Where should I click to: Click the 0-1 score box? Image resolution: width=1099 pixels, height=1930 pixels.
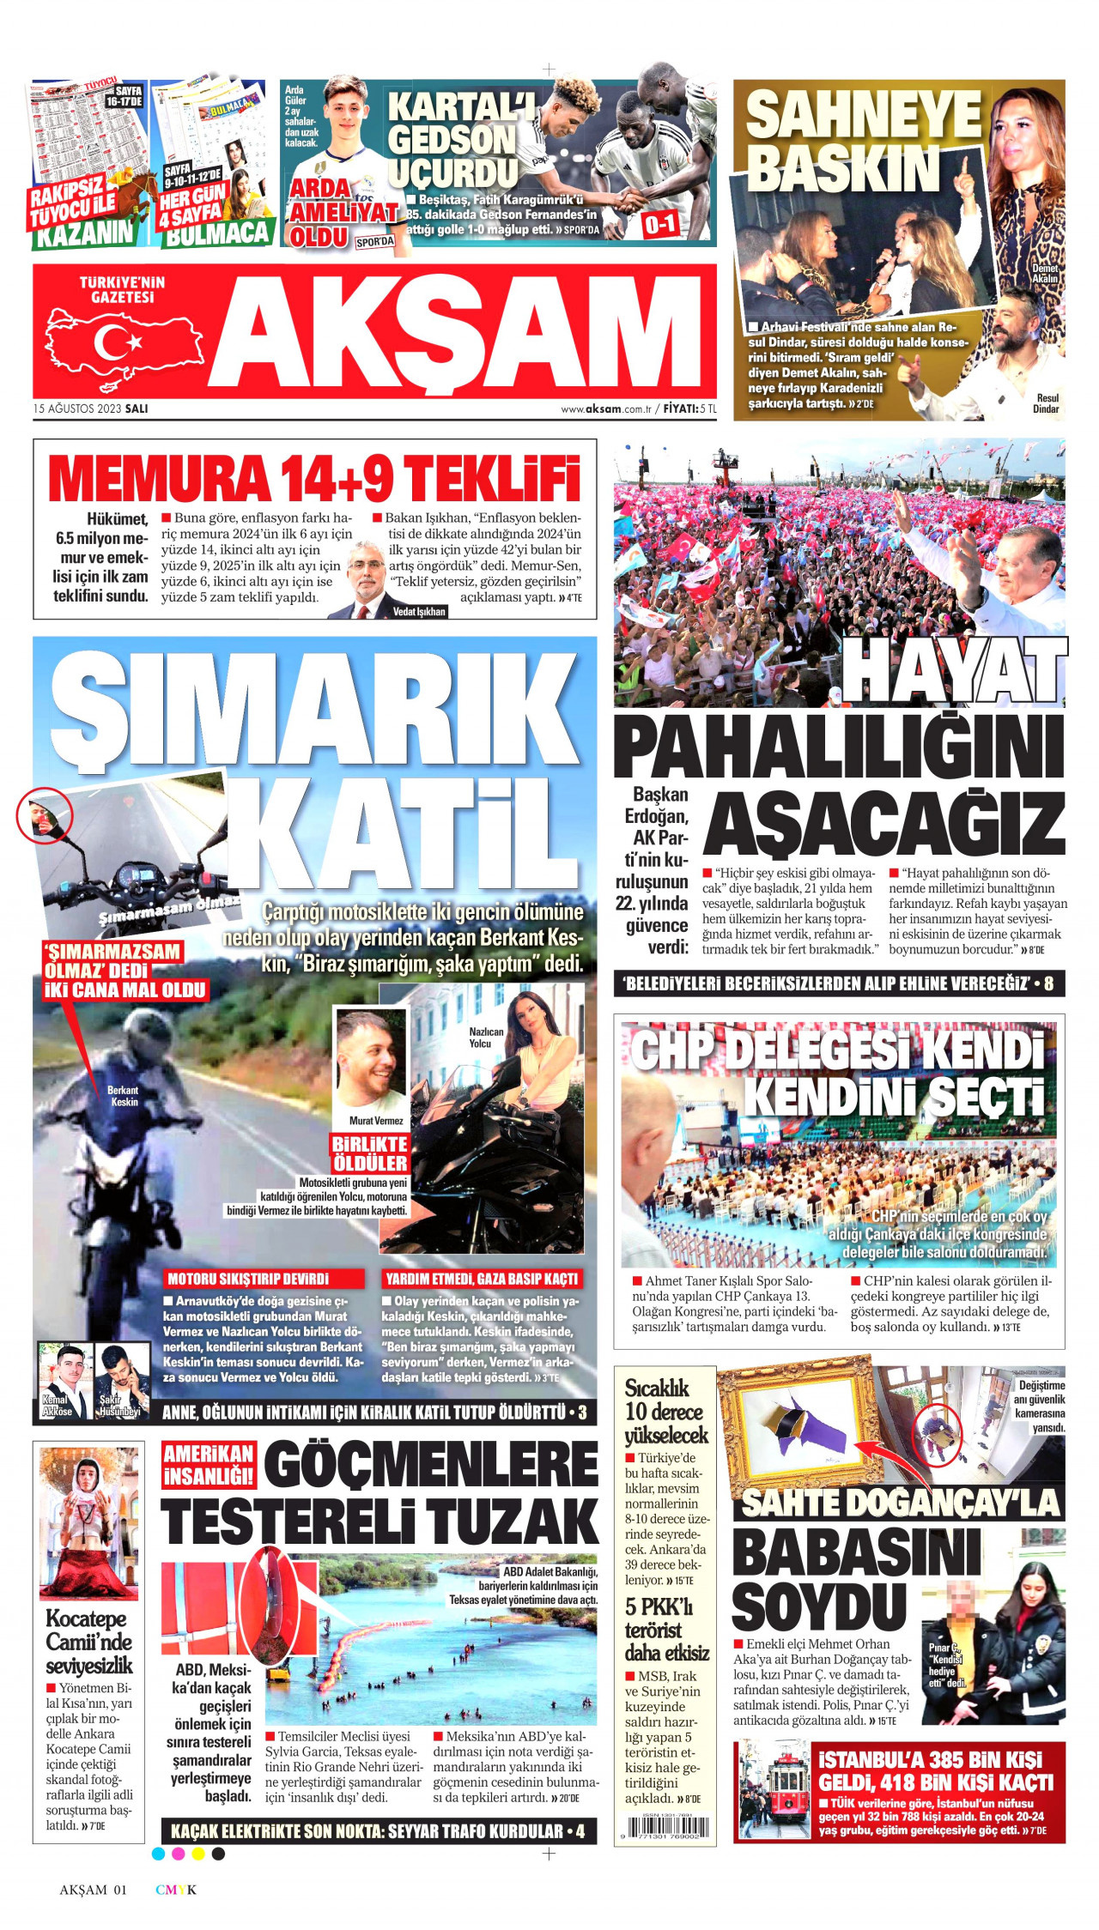pyautogui.click(x=660, y=225)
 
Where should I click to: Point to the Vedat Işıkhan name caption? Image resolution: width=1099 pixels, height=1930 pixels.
pyautogui.click(x=419, y=612)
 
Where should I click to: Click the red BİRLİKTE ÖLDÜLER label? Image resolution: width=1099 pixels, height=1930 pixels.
pyautogui.click(x=370, y=1153)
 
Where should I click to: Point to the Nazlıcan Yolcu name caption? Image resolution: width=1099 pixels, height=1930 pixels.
pyautogui.click(x=486, y=1037)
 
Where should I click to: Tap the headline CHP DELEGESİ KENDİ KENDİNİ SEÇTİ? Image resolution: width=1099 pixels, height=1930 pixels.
pyautogui.click(x=839, y=1072)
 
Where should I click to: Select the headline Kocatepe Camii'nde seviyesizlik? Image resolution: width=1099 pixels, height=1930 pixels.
pyautogui.click(x=89, y=1643)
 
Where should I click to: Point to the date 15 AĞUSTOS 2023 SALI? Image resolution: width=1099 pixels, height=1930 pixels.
pyautogui.click(x=91, y=408)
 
